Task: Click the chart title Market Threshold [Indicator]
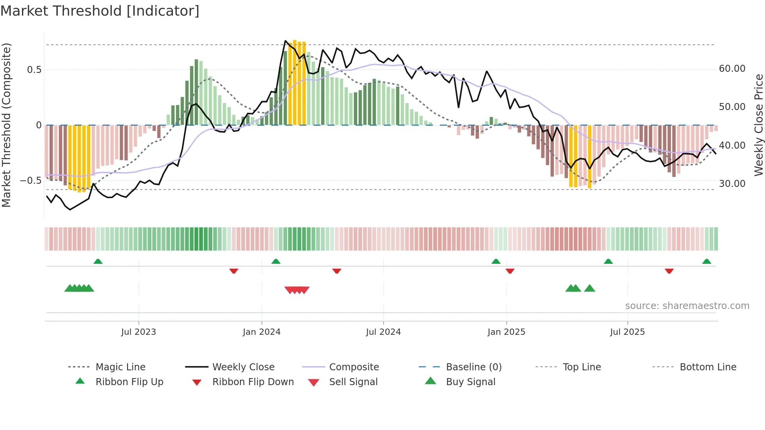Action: point(100,11)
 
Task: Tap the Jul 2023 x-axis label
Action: point(139,332)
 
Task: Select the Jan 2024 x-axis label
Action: point(262,332)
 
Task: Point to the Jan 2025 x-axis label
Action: point(506,332)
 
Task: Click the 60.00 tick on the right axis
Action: point(732,69)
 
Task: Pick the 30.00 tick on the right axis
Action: point(732,184)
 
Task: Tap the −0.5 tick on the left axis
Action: point(31,181)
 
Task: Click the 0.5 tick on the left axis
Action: point(34,70)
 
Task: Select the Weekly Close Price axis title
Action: point(758,125)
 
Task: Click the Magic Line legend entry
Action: point(120,367)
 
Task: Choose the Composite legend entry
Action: point(354,367)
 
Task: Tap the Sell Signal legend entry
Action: point(353,382)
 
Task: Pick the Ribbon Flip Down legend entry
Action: point(253,382)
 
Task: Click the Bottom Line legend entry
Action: point(708,367)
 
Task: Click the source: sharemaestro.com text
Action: point(687,306)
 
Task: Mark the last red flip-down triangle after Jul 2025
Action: point(669,271)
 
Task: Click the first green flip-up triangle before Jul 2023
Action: point(98,261)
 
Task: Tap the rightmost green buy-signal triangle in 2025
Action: point(589,288)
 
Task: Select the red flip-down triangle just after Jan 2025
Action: point(510,271)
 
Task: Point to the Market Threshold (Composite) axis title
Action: point(6,125)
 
